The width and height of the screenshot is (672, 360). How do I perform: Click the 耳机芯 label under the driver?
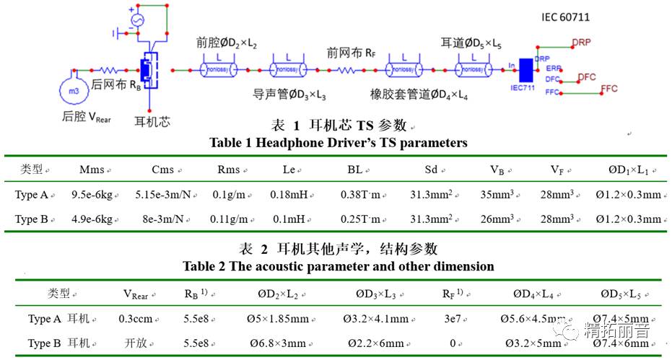152,121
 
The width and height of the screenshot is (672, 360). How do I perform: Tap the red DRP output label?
581,43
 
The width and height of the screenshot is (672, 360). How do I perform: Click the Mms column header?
92,170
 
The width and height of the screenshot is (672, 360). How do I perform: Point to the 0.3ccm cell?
136,319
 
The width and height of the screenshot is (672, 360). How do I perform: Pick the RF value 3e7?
453,319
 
